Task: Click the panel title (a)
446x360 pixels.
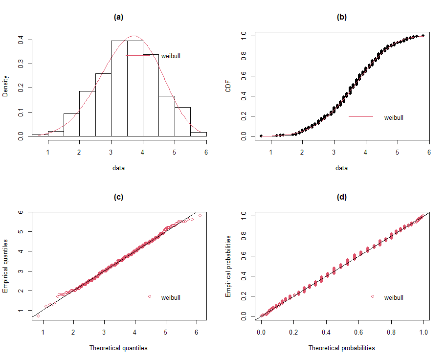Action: (118, 17)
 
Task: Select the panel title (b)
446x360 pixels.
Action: (341, 17)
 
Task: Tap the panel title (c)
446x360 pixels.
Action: (118, 197)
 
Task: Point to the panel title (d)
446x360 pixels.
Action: (341, 197)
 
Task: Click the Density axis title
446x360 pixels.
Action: (5, 86)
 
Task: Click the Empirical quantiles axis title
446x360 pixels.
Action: (5, 266)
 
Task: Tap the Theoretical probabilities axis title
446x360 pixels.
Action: (341, 348)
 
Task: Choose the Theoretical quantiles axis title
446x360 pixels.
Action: (118, 348)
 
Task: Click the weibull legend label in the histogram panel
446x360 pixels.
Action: (171, 56)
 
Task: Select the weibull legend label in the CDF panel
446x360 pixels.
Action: (394, 117)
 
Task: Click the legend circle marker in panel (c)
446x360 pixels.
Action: (150, 297)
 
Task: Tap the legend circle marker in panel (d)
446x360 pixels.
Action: (373, 297)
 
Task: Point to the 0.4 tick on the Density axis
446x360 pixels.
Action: (21, 40)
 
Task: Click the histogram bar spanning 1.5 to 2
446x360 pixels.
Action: (71, 125)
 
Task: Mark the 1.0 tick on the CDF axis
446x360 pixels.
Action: (244, 36)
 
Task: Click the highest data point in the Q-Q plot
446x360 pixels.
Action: (200, 215)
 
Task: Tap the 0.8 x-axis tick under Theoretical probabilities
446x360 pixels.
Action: (391, 332)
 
